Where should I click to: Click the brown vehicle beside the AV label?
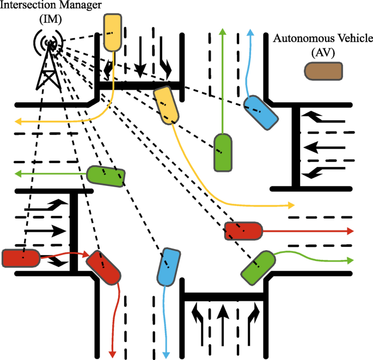tap(323, 71)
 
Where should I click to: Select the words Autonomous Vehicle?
tap(323, 39)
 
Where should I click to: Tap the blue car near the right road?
tap(260, 111)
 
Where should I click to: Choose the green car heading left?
tap(106, 176)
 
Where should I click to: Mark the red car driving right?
tap(243, 231)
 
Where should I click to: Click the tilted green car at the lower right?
tap(258, 267)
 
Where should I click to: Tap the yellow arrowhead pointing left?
tap(18, 121)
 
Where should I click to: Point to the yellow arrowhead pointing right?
tap(291, 206)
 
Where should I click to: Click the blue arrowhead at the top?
tap(250, 32)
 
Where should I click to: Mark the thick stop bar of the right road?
tap(296, 147)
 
